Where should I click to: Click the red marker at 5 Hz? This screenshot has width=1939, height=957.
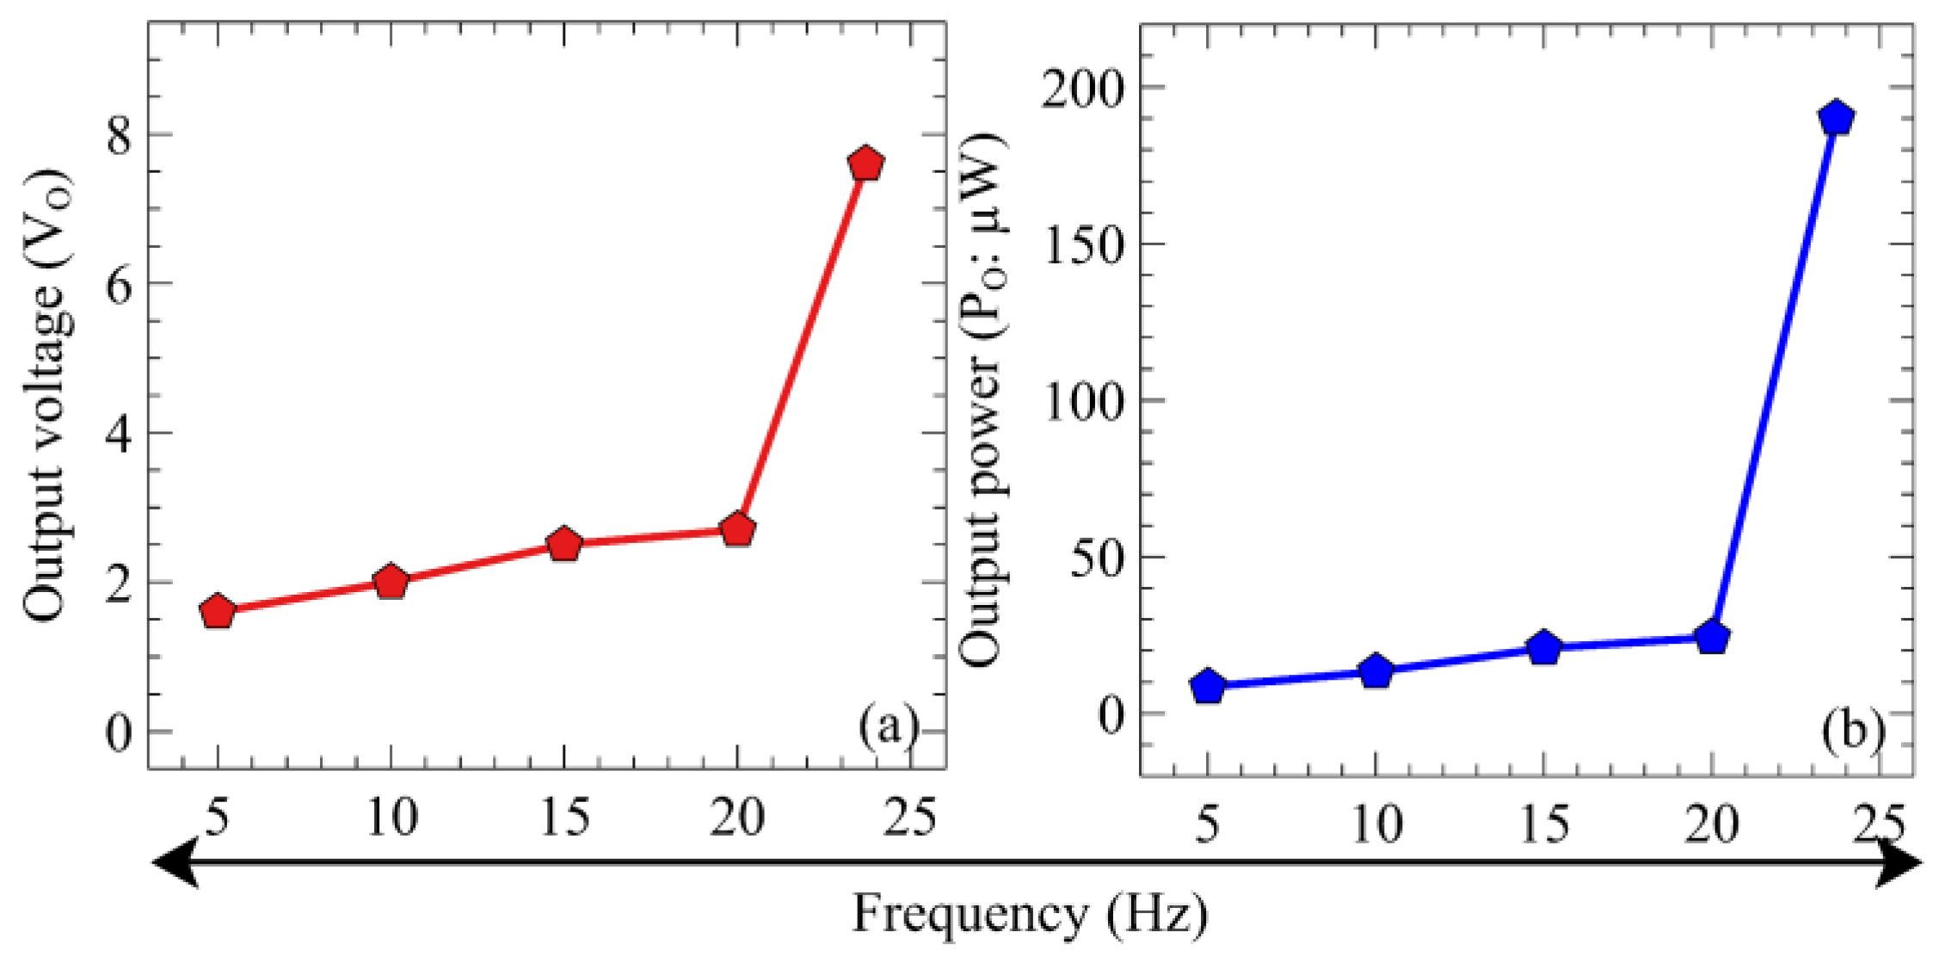[218, 611]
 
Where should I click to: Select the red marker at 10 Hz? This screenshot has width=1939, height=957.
[391, 583]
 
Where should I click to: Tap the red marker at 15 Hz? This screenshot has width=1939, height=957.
[564, 544]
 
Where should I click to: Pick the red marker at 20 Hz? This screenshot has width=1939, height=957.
[737, 529]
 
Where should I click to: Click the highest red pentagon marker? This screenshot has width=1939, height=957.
[865, 163]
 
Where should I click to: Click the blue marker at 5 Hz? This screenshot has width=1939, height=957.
[1208, 686]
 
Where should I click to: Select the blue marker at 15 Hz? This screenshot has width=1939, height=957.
[1545, 647]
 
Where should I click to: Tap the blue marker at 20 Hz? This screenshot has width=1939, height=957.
[1713, 637]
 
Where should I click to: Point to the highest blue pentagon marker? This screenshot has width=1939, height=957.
[1837, 117]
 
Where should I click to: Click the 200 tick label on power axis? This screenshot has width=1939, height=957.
[1083, 89]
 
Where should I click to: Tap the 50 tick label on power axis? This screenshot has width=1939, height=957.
[1097, 558]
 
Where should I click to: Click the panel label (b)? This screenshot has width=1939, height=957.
[1852, 730]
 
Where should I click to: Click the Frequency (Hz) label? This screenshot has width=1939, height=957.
[1030, 914]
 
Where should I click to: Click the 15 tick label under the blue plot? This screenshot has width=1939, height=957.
[1544, 823]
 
